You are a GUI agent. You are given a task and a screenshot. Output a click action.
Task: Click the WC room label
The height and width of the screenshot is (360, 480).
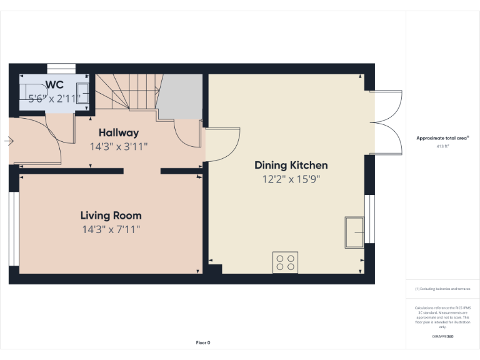[x=54, y=84]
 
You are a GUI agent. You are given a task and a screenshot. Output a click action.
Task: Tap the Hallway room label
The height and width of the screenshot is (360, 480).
[x=119, y=132]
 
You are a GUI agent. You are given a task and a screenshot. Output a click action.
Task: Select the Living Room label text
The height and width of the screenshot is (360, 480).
[x=111, y=215]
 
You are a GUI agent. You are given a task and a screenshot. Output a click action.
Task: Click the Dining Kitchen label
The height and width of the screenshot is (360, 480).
[x=291, y=165]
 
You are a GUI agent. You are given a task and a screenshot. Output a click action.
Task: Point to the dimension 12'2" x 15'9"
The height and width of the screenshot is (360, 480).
[x=291, y=179]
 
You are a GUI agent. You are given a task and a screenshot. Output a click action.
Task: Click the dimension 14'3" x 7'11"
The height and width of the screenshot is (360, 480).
[x=111, y=229]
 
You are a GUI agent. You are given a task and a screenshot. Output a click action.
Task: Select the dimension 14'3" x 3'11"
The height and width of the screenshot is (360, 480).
[x=119, y=147]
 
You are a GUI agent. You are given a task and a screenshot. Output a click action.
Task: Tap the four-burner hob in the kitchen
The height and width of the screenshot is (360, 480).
[x=285, y=262]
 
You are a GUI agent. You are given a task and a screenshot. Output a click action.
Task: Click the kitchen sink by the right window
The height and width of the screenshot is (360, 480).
[x=354, y=232]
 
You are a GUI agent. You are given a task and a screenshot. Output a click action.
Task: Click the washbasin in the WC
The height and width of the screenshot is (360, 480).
[x=82, y=92]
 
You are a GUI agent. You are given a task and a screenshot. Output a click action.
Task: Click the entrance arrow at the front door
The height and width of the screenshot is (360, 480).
[x=8, y=141]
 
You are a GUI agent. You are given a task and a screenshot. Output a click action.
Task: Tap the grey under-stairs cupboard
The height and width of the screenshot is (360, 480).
[x=181, y=96]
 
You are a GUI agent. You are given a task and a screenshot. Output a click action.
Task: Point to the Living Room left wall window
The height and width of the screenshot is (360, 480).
[x=14, y=229]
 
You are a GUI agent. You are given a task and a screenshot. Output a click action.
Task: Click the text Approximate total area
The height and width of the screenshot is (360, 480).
[x=442, y=138]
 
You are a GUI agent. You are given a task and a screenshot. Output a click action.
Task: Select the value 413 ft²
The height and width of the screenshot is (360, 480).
[x=442, y=146]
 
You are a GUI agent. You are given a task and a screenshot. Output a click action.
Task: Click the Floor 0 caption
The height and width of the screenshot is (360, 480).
[x=203, y=342]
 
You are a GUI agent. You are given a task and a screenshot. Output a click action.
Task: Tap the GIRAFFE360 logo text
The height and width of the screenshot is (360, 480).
[x=442, y=337]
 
